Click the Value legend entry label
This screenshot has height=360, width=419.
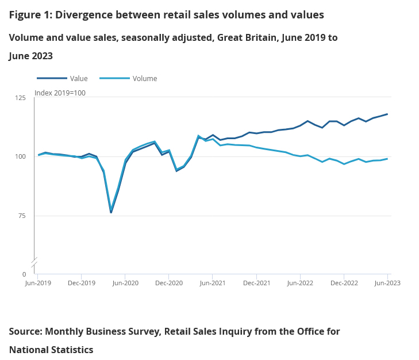pos(79,79)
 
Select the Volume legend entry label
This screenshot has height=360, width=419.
pos(144,79)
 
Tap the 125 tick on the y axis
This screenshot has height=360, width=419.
pos(20,98)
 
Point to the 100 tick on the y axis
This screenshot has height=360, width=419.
pos(20,157)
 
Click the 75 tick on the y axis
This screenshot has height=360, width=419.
pos(22,216)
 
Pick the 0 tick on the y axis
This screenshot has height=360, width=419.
pos(24,275)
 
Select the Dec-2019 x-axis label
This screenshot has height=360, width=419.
pos(81,283)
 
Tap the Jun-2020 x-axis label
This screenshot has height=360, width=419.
pos(125,283)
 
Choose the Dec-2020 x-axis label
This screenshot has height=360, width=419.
pos(168,283)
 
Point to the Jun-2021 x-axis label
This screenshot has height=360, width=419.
pos(212,283)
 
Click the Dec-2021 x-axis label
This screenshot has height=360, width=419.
pos(256,283)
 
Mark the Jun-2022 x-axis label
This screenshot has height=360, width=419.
pos(300,283)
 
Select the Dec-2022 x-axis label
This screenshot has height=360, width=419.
pos(343,283)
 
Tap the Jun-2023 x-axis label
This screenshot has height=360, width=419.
pos(387,283)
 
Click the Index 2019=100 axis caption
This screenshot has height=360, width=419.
pos(60,93)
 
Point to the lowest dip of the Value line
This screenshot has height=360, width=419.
pos(111,213)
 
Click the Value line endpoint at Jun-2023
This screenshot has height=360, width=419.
pos(387,114)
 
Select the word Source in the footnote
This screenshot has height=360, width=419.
pos(26,332)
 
